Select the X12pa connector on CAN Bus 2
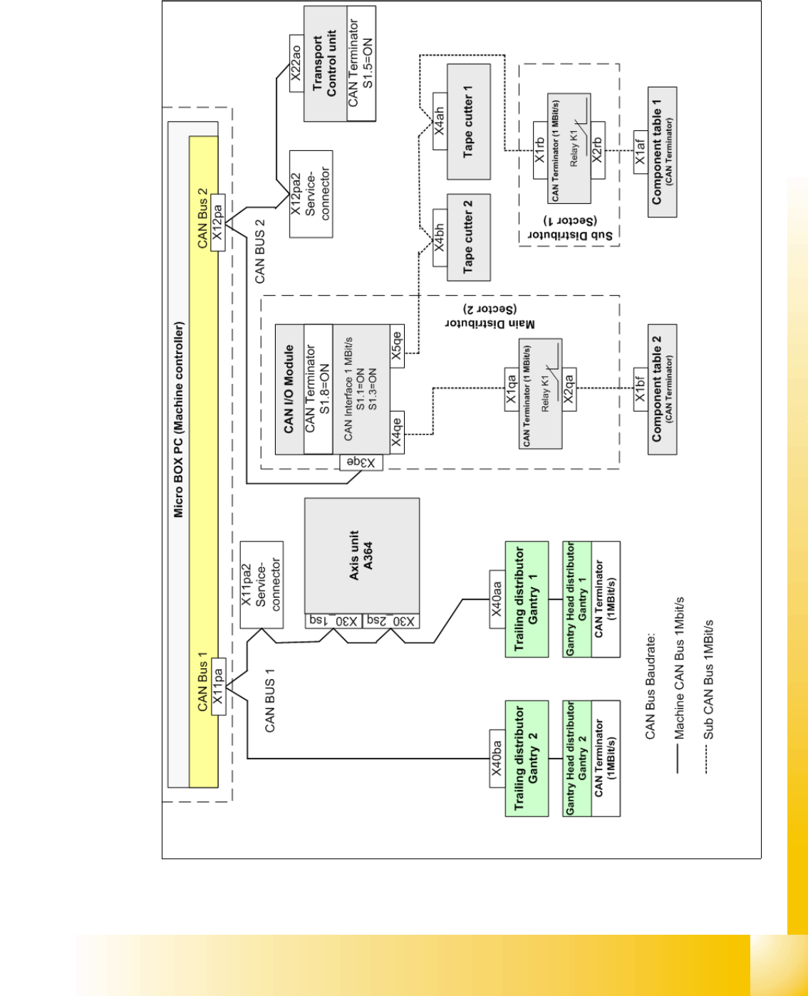pyautogui.click(x=218, y=222)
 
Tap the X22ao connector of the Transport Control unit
pyautogui.click(x=297, y=63)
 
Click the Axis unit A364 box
pyautogui.click(x=362, y=556)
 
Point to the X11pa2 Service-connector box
pyautogui.click(x=261, y=585)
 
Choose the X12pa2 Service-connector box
pyautogui.click(x=311, y=194)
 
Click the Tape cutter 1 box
pyautogui.click(x=468, y=121)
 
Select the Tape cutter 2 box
pyautogui.click(x=468, y=237)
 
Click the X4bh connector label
pyautogui.click(x=440, y=237)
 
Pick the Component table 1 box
pyautogui.click(x=662, y=152)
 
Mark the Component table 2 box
pyautogui.click(x=662, y=389)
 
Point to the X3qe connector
pyautogui.click(x=362, y=462)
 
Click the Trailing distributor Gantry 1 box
pyautogui.click(x=527, y=599)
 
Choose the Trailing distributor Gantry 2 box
pyautogui.click(x=527, y=759)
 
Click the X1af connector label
pyautogui.click(x=641, y=152)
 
